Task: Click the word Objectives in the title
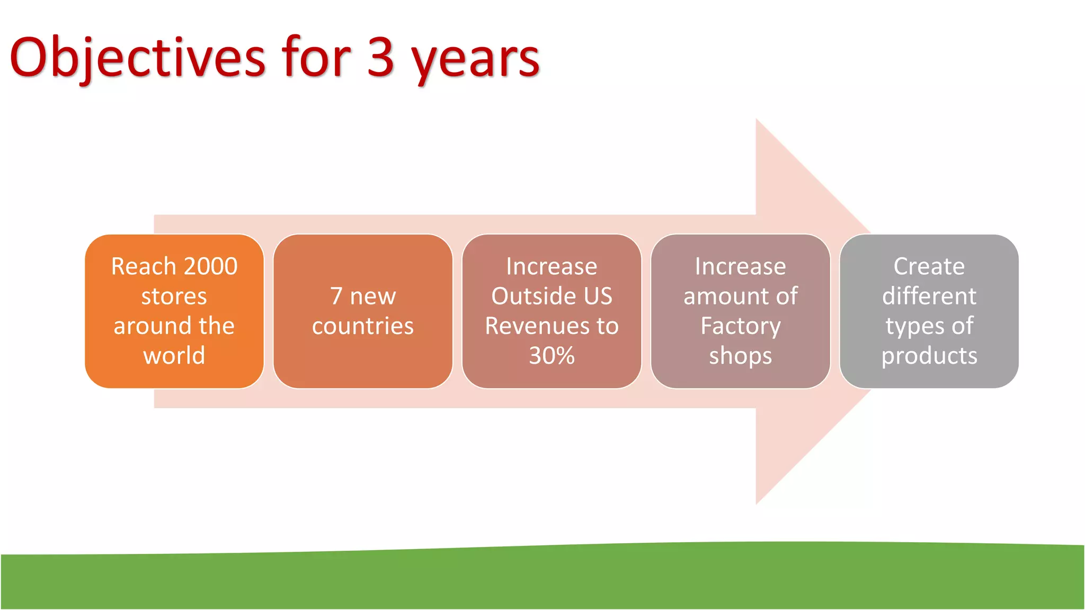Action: [137, 58]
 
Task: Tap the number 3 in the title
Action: [380, 57]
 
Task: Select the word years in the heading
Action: [475, 59]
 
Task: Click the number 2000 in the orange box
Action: [210, 266]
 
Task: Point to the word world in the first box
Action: [174, 355]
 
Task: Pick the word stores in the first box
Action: [174, 297]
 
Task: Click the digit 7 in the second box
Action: [336, 296]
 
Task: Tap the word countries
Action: [363, 326]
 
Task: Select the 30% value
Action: [552, 356]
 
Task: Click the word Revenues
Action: [537, 326]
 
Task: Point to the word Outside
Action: [532, 296]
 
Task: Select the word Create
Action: [929, 266]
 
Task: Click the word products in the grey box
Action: [929, 356]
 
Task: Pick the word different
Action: [929, 296]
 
